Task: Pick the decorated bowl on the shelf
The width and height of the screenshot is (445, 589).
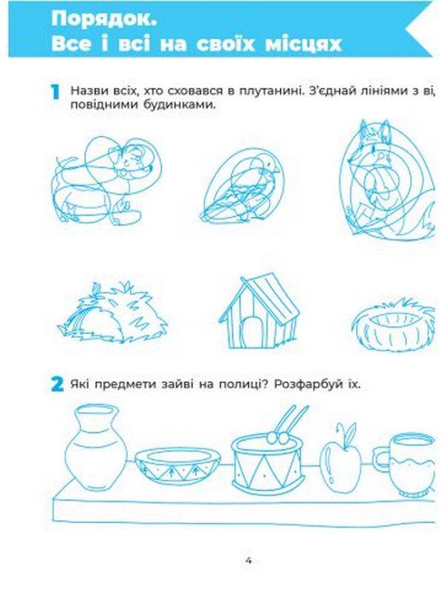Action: point(177,466)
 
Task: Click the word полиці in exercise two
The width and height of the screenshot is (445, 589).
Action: point(244,385)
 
